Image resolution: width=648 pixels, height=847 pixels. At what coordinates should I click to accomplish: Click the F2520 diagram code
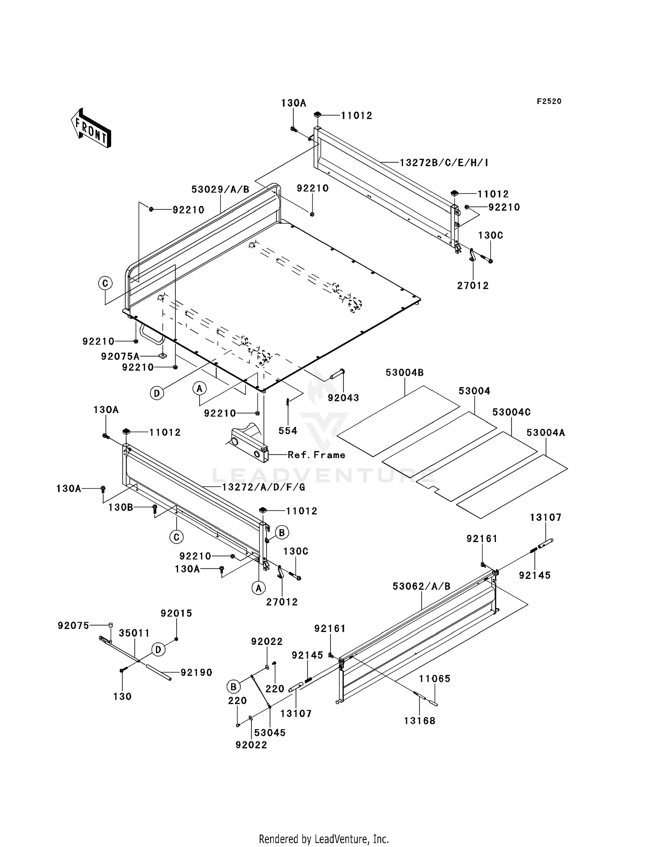click(x=549, y=101)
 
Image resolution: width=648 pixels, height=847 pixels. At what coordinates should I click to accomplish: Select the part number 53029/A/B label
click(x=220, y=190)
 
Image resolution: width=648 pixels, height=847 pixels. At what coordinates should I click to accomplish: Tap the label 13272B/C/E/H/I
click(x=444, y=163)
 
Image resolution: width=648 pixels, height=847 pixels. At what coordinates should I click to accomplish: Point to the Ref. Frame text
click(x=317, y=455)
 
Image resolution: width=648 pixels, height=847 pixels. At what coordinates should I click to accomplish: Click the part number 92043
click(x=343, y=398)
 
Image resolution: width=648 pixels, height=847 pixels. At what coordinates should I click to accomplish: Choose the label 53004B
click(x=404, y=373)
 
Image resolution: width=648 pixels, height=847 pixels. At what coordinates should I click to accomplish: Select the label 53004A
click(x=546, y=433)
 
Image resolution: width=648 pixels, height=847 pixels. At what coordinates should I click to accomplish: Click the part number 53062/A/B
click(x=421, y=586)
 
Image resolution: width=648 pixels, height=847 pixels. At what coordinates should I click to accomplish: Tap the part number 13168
click(x=419, y=721)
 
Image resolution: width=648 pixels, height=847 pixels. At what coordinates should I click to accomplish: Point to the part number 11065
click(x=435, y=679)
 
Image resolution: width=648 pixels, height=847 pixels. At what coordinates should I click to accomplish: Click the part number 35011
click(x=134, y=633)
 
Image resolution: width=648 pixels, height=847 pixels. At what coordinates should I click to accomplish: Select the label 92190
click(x=197, y=673)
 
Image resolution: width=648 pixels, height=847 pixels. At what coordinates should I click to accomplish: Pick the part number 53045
click(x=270, y=733)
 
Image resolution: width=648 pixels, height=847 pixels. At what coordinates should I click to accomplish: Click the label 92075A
click(x=121, y=356)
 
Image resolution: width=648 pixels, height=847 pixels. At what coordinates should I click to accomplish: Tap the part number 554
click(x=288, y=431)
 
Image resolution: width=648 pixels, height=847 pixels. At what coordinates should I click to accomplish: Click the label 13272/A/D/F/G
click(x=263, y=487)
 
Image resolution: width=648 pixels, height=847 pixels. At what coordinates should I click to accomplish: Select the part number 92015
click(x=176, y=613)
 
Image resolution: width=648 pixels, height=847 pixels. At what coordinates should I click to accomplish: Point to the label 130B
click(x=121, y=508)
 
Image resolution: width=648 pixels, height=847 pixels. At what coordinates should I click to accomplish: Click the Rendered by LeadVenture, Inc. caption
click(x=324, y=839)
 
